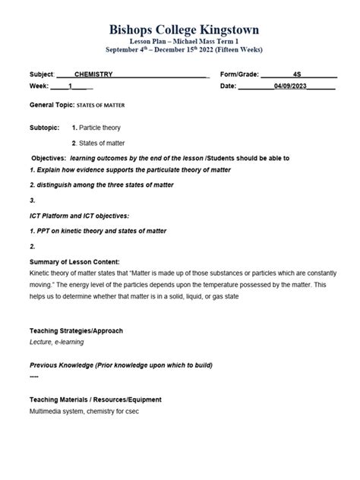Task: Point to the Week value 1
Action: click(x=71, y=87)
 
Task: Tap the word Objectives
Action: click(x=49, y=158)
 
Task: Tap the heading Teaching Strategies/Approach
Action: click(x=76, y=331)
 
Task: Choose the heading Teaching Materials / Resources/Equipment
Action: click(x=95, y=399)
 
